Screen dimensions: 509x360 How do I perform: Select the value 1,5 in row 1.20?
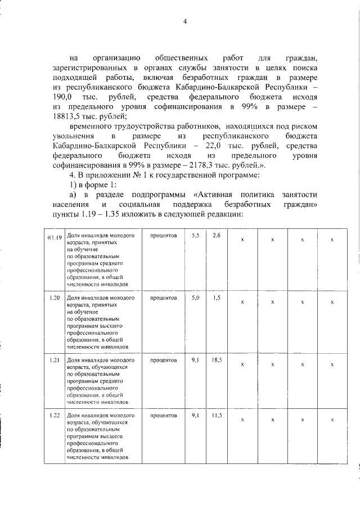[x=217, y=298]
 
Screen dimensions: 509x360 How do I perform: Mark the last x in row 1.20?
[x=332, y=302]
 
